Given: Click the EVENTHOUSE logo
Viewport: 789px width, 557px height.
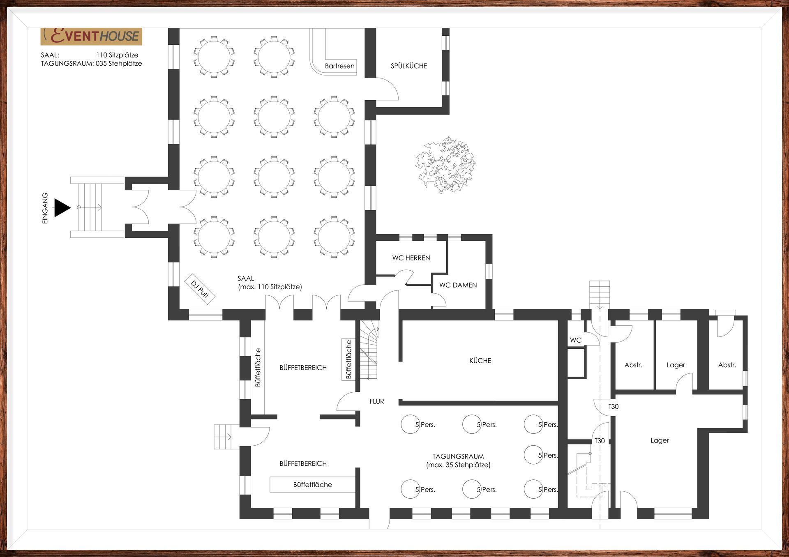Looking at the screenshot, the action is (91, 36).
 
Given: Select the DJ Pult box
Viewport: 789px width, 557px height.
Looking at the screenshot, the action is (200, 289).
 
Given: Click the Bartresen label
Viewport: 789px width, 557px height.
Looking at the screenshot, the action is (339, 66).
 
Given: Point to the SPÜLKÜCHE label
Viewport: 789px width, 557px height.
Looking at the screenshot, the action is (409, 66).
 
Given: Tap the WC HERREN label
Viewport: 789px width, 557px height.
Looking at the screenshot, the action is (411, 258).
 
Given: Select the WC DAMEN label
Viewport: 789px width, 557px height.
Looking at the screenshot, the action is (458, 285).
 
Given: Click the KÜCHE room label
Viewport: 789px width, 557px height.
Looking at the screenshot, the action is (480, 361).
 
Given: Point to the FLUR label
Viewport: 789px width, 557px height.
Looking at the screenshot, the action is (376, 401).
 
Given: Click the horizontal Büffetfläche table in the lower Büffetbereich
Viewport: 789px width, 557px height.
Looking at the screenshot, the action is (312, 485).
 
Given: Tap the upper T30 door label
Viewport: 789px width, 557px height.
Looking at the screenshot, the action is (613, 407).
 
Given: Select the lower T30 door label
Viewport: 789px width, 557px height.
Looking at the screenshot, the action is (600, 441).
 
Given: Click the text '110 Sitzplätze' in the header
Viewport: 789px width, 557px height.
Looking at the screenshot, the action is (117, 55).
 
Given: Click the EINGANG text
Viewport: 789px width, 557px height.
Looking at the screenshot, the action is (45, 208).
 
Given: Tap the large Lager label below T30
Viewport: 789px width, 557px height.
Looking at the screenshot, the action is (660, 440).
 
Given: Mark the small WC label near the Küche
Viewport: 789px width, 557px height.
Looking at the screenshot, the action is (576, 340).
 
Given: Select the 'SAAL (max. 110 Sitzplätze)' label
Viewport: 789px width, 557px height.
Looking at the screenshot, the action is (270, 283).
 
